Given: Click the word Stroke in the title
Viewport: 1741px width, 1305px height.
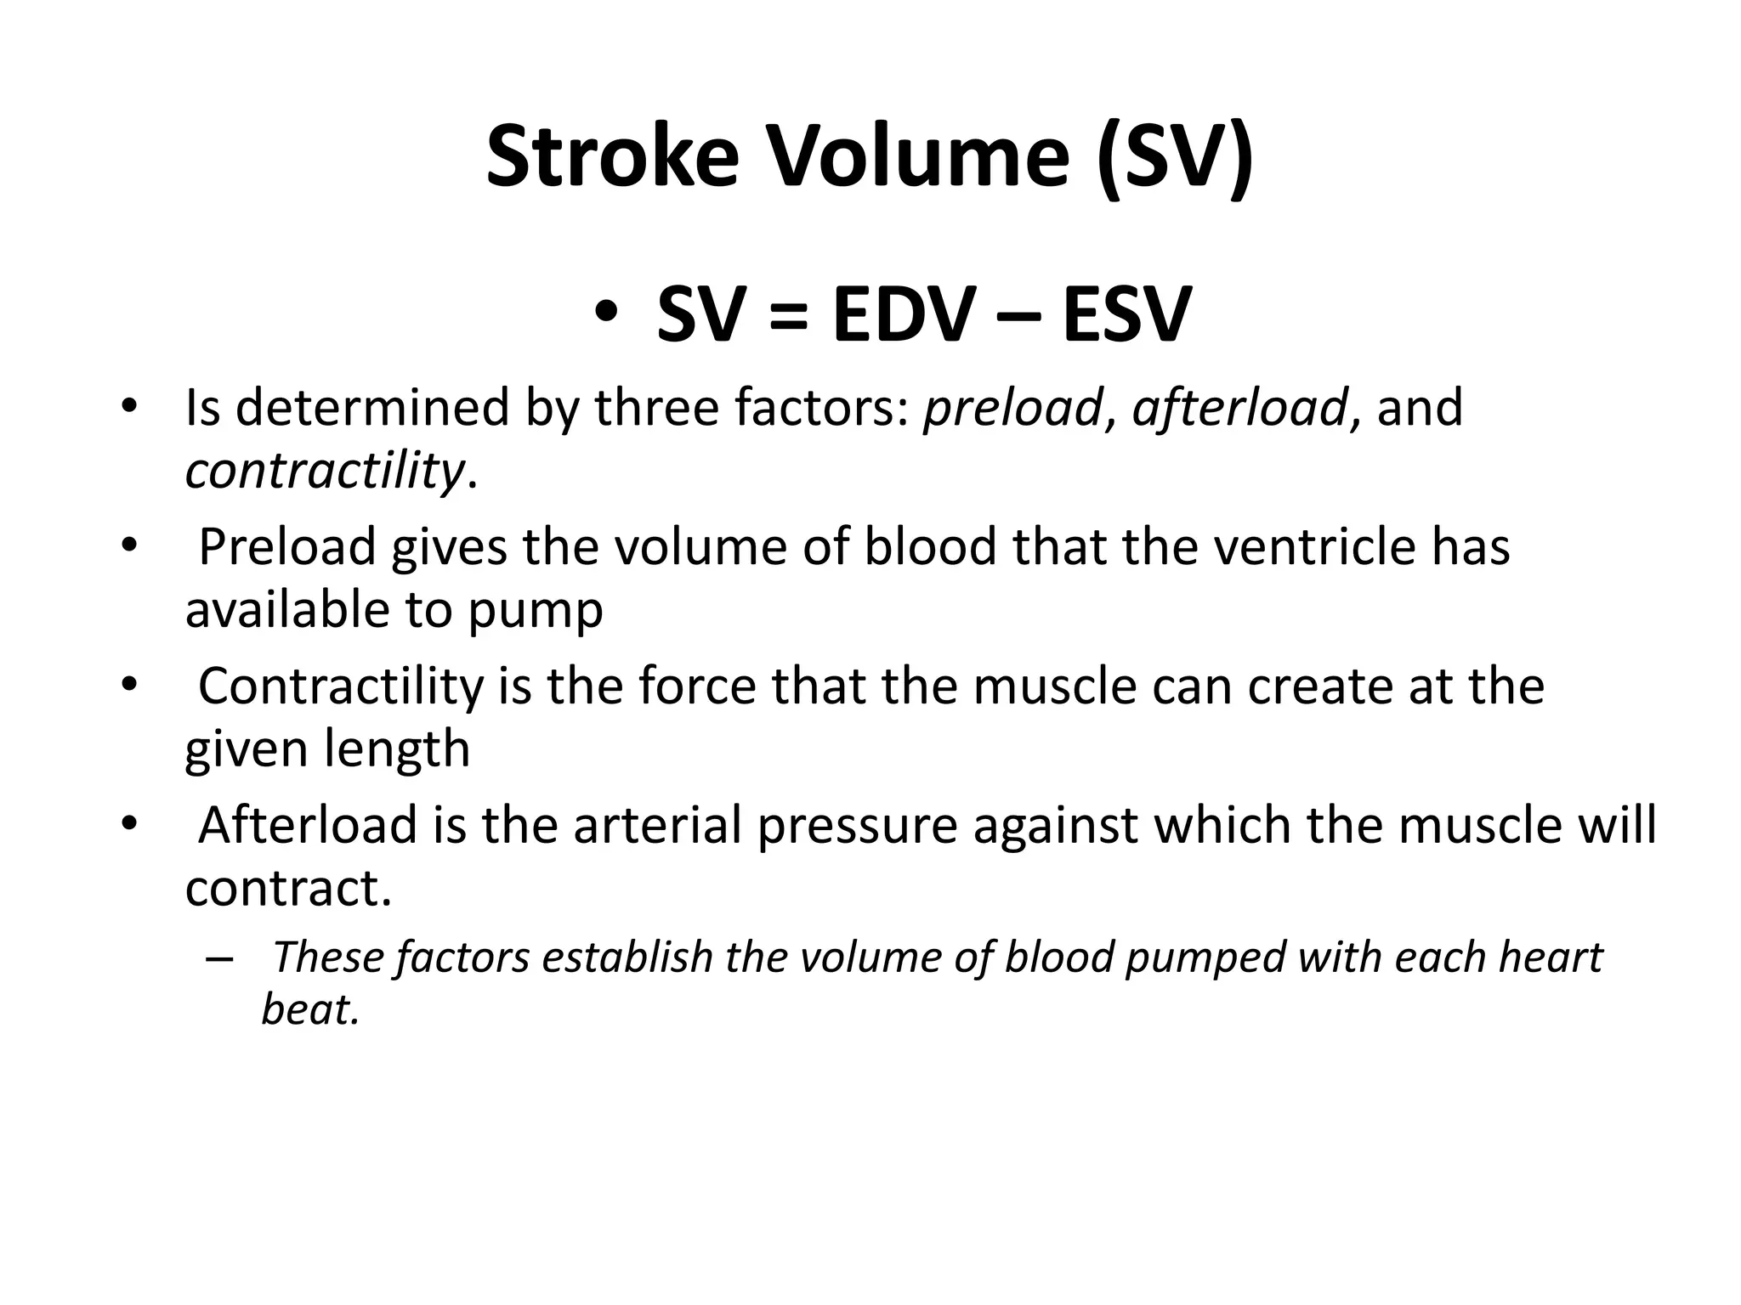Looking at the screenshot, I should coord(612,158).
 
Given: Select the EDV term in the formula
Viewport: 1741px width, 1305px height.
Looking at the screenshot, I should coord(902,315).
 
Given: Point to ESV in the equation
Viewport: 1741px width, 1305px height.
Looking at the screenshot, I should coord(1126,315).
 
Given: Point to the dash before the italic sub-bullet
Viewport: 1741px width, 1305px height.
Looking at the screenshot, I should coord(218,958).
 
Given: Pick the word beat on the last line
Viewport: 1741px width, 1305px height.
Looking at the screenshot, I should coord(309,1010).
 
